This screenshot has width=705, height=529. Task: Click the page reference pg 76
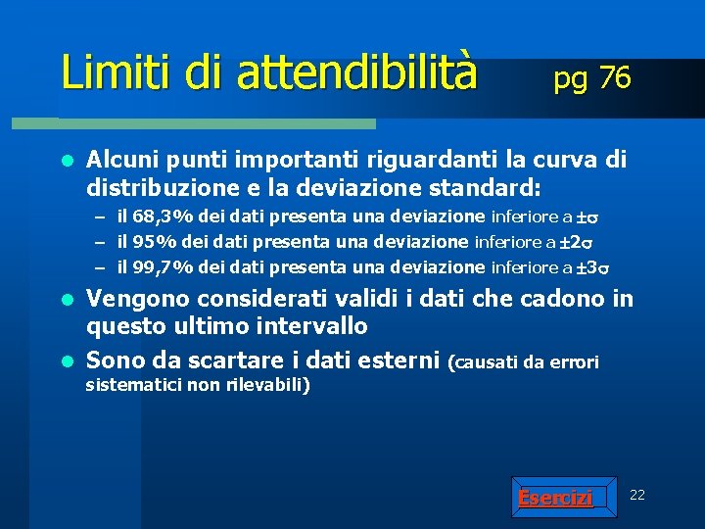591,77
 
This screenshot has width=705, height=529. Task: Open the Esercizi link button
555,499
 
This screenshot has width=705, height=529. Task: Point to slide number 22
636,495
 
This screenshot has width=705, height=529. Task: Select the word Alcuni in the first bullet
122,159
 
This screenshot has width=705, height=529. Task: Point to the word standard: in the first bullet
477,185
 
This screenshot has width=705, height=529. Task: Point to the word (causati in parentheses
483,362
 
